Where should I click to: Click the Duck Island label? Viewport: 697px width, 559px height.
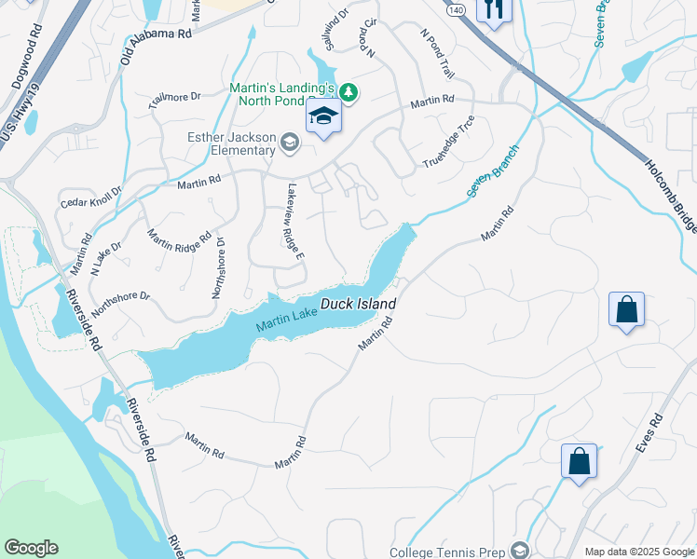tap(359, 305)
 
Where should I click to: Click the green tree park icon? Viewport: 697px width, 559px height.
tap(348, 91)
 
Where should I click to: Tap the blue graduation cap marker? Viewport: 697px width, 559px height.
tap(323, 117)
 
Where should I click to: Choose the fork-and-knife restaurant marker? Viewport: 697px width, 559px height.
tap(493, 10)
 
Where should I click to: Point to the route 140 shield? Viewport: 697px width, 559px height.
tap(456, 8)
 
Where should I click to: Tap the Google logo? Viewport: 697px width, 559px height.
tap(31, 548)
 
